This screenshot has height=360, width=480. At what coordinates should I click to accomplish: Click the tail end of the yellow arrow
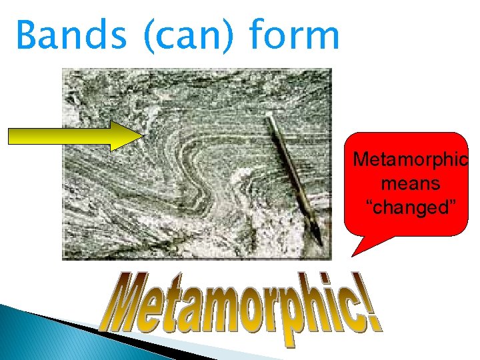tap(9, 135)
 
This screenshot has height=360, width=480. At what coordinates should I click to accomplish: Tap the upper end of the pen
tap(268, 118)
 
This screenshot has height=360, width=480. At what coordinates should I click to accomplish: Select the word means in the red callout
tap(410, 183)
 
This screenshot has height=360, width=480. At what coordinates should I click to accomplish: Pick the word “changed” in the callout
tap(409, 206)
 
